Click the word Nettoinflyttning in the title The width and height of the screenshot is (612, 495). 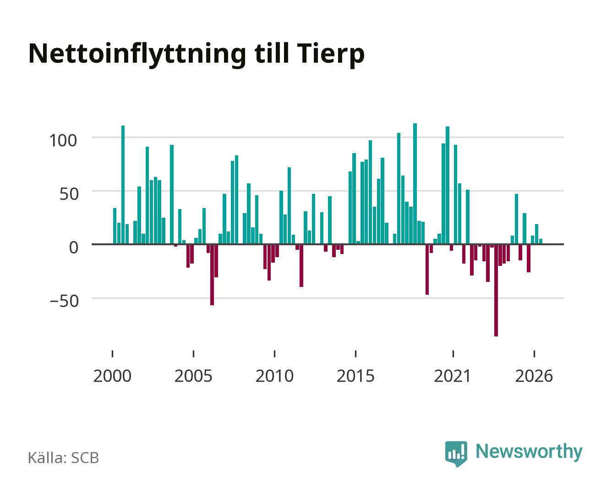137,55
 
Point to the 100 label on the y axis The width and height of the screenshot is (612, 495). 63,141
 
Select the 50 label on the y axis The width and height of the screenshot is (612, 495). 69,194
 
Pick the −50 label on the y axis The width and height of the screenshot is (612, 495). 64,301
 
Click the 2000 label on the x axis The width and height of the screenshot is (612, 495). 112,376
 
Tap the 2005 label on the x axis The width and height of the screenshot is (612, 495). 193,376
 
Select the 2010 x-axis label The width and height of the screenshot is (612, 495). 274,376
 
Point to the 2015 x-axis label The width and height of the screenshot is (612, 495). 355,376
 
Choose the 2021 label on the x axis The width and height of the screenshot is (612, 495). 453,376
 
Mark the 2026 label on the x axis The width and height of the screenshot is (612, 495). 534,376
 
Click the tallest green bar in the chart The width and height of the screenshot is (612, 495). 415,183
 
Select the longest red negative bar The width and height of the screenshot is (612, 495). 496,290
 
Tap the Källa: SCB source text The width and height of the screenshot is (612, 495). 64,458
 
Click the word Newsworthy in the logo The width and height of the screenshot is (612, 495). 529,452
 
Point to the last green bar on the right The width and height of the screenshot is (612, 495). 541,242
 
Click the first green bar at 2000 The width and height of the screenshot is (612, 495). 115,226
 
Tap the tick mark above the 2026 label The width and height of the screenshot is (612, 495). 534,353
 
